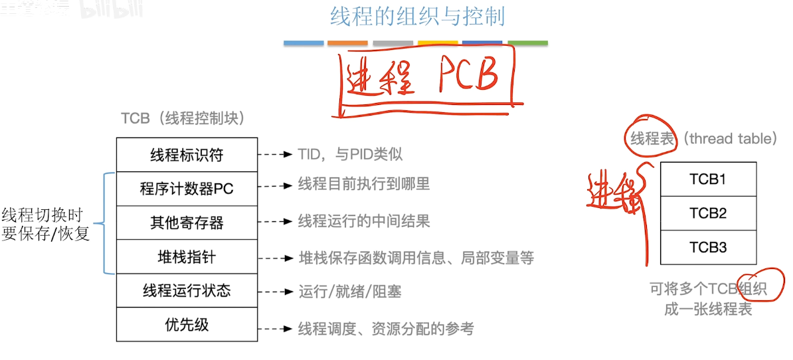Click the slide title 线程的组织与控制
click(417, 16)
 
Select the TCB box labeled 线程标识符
click(187, 155)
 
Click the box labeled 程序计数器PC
click(187, 189)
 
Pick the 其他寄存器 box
click(187, 223)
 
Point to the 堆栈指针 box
click(187, 256)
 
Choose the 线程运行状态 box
click(187, 290)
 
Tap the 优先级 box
click(187, 324)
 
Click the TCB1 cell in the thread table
click(708, 179)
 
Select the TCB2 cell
click(708, 213)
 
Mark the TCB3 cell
click(708, 248)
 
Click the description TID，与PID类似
click(350, 155)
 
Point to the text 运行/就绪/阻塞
click(349, 292)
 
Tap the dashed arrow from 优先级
click(276, 329)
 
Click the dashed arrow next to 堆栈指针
click(276, 258)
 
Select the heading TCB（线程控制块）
click(183, 118)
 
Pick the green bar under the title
click(528, 43)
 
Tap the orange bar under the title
click(347, 43)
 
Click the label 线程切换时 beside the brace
click(42, 215)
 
